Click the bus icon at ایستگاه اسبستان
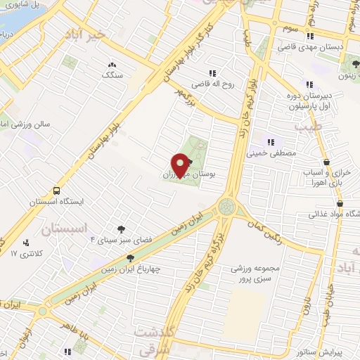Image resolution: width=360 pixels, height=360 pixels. point(56,191)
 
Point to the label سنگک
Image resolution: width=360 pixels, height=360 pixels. point(112,74)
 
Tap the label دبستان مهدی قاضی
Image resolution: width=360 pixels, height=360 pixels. point(317,46)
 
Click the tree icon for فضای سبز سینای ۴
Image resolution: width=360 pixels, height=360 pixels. point(122,229)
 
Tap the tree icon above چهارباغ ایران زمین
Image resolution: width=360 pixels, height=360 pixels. point(130,258)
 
